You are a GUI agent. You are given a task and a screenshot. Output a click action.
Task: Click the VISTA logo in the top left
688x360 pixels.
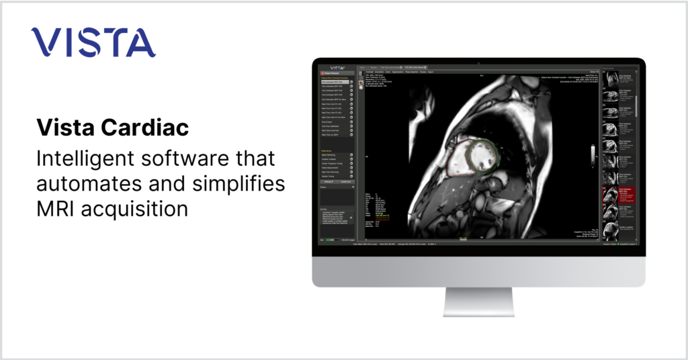point(93,42)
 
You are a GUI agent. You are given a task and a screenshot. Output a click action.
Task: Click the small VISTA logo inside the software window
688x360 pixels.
point(337,68)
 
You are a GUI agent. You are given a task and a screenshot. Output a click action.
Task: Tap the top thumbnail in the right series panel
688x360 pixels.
point(611,79)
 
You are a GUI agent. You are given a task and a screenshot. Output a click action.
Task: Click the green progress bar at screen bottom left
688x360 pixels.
point(330,238)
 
